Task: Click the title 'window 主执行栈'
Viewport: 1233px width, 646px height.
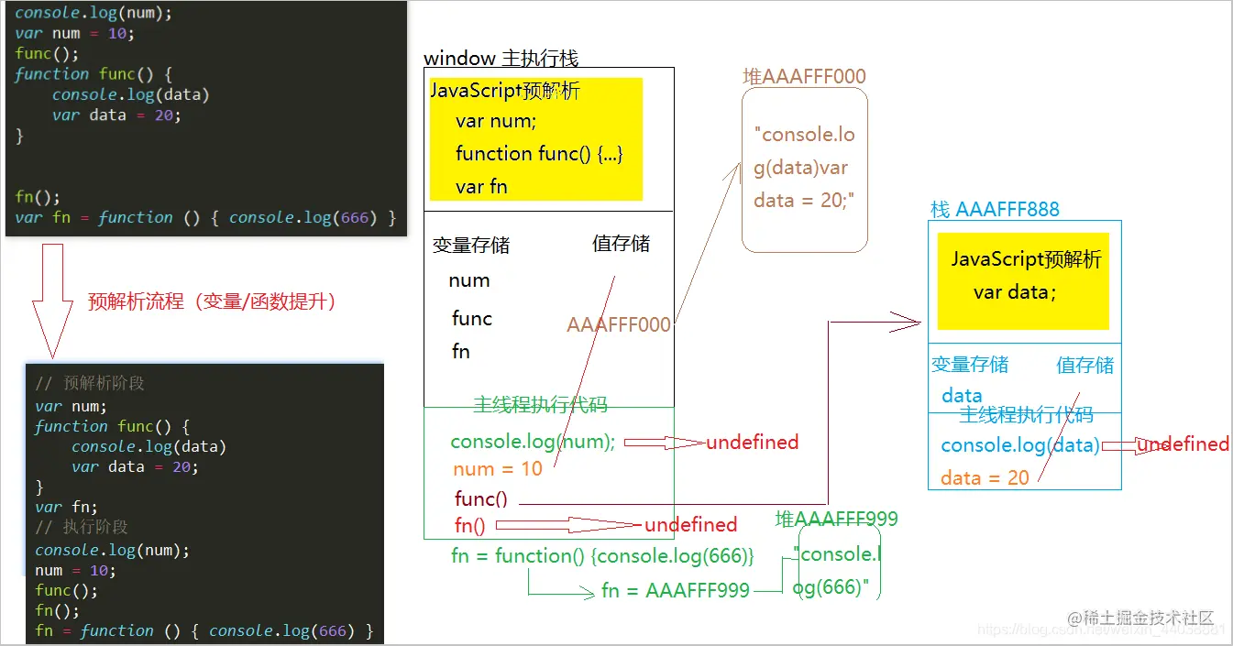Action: tap(501, 58)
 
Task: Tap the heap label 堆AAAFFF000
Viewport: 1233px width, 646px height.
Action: tap(804, 76)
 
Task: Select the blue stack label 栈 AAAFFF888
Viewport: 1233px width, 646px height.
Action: tap(995, 209)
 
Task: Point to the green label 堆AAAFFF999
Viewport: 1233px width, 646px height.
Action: tap(836, 519)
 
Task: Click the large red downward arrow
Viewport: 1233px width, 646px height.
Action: tap(52, 298)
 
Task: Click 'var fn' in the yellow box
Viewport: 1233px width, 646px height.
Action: tap(481, 186)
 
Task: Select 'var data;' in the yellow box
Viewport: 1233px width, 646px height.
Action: tap(1015, 291)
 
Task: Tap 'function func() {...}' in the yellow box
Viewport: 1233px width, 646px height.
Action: tap(539, 153)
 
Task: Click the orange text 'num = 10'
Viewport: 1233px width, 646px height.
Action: tap(498, 469)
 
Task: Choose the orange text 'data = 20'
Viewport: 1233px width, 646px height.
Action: tap(985, 477)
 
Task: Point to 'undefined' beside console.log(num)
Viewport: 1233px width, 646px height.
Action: tap(752, 443)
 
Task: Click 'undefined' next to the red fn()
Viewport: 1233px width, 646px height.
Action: tap(690, 525)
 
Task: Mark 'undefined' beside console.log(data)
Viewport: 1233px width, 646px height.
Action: tap(1183, 444)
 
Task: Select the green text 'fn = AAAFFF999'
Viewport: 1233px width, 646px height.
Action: tap(676, 591)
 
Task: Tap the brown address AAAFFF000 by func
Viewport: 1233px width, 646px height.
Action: tap(619, 324)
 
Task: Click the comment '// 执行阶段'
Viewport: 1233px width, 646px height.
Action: tap(82, 527)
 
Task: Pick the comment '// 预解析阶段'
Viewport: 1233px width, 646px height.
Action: tap(90, 383)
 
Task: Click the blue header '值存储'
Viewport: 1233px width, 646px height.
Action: tap(1084, 365)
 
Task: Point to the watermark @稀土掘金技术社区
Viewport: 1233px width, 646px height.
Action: tap(1140, 619)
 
